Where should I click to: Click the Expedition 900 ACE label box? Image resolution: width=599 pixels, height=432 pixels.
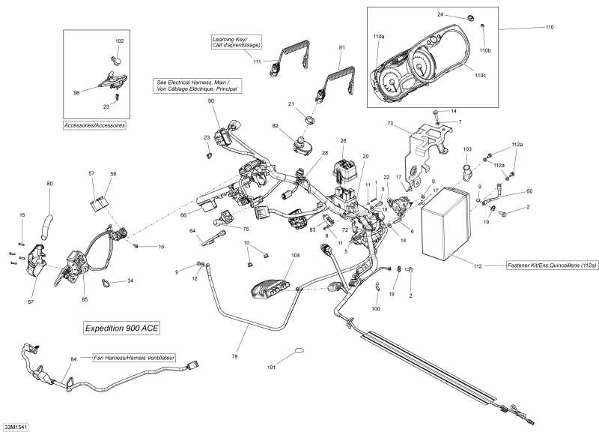121,328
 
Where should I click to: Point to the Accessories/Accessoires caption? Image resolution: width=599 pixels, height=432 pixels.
94,125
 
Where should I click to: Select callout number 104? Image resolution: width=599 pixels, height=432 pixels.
294,256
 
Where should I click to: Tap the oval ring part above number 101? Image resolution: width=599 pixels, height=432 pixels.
297,351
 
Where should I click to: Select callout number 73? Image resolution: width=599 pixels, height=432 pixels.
390,123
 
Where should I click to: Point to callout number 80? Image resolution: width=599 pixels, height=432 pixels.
50,184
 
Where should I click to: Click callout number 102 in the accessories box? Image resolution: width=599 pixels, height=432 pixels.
120,40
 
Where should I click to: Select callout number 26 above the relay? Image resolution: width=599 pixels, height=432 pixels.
343,140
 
